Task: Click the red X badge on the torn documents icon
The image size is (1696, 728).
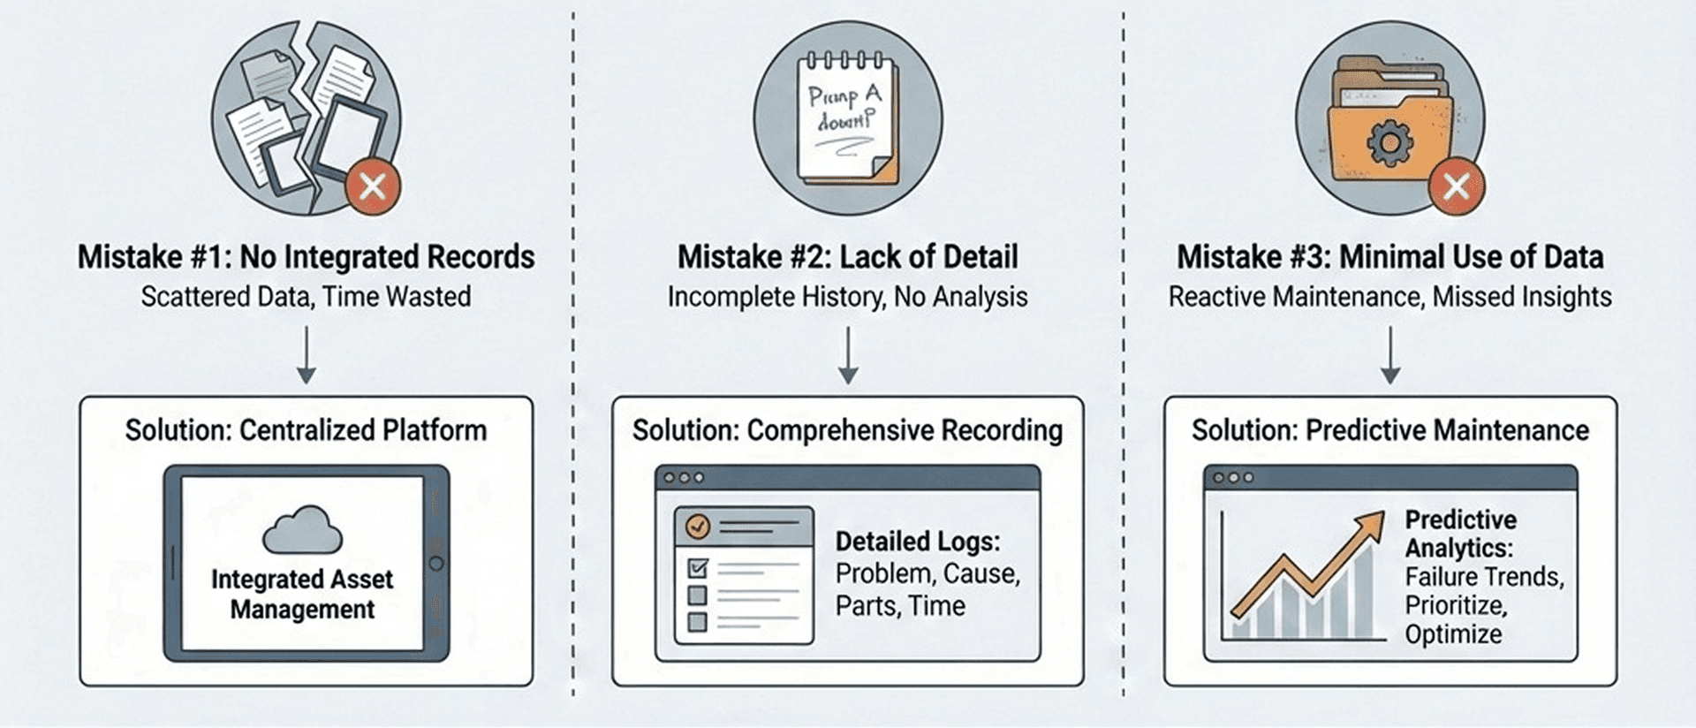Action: pyautogui.click(x=373, y=186)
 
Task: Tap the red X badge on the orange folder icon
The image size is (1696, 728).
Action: pyautogui.click(x=1456, y=186)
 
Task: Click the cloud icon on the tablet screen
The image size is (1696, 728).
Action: pyautogui.click(x=303, y=530)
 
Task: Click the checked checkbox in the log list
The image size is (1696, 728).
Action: pyautogui.click(x=698, y=567)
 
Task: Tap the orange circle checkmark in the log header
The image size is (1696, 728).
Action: pyautogui.click(x=698, y=527)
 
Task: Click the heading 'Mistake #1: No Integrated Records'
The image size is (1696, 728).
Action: pyautogui.click(x=306, y=257)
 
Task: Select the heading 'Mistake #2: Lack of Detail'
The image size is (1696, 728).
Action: pyautogui.click(x=847, y=257)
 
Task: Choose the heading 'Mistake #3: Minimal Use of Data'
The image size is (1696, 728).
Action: pyautogui.click(x=1389, y=257)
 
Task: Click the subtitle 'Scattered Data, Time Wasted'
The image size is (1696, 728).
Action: pyautogui.click(x=306, y=297)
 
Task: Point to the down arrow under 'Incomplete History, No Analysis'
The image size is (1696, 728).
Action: pyautogui.click(x=848, y=355)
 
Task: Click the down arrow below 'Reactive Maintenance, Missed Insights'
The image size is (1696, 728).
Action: pyautogui.click(x=1390, y=355)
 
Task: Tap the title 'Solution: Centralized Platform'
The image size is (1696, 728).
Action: pyautogui.click(x=306, y=430)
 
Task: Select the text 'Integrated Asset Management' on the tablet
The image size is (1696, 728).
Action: pyautogui.click(x=302, y=594)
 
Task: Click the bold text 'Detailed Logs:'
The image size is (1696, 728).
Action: pyautogui.click(x=918, y=541)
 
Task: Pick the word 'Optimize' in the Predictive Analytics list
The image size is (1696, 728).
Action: pyautogui.click(x=1453, y=634)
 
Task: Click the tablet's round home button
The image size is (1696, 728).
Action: pyautogui.click(x=436, y=563)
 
